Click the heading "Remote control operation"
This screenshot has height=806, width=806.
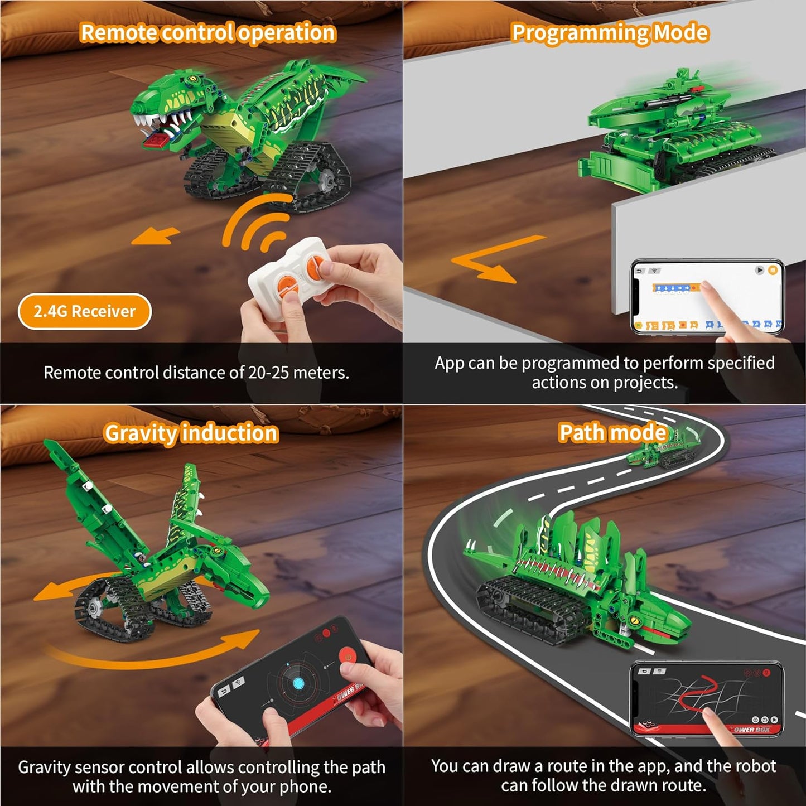207,33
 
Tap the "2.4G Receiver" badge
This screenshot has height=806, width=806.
84,311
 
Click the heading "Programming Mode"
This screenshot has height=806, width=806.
610,33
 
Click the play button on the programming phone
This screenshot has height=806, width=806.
759,271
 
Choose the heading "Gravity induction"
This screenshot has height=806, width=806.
191,433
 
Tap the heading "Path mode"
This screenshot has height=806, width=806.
612,432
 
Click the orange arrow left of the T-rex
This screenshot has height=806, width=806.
155,237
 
